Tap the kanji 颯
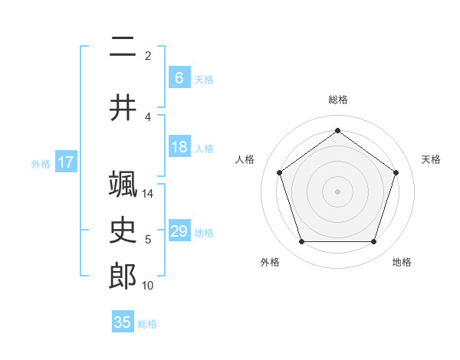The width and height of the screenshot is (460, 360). [x=123, y=185]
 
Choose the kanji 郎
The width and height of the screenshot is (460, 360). [x=123, y=275]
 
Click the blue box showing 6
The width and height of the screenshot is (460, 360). [x=179, y=77]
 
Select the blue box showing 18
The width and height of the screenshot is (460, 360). [x=179, y=147]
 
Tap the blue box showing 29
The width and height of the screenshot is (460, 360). [x=179, y=231]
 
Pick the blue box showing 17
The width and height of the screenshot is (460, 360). [x=65, y=162]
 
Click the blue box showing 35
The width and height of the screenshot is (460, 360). [x=123, y=322]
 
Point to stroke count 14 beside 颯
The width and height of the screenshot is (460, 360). [x=148, y=194]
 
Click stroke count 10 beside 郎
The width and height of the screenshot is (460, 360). [x=148, y=286]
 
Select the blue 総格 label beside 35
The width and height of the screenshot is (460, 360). [x=147, y=324]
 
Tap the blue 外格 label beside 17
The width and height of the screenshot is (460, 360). [x=41, y=163]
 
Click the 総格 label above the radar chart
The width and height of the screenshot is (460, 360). [x=338, y=100]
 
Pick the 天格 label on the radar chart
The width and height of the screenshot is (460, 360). [x=432, y=159]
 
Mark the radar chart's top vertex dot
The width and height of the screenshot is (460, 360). [x=337, y=131]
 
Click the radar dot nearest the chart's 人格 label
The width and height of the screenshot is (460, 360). [x=279, y=172]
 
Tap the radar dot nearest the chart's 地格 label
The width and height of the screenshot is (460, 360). [x=373, y=242]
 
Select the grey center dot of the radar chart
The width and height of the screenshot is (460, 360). [x=337, y=191]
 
